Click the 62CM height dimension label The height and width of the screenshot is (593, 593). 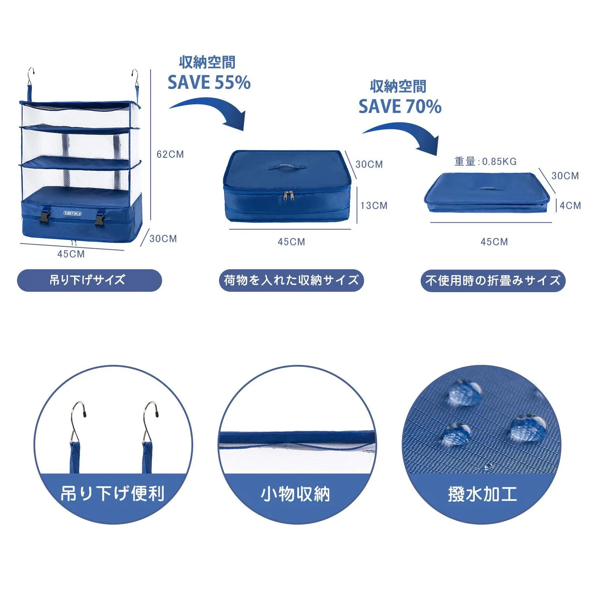click(170, 154)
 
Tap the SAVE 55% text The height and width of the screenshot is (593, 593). click(209, 82)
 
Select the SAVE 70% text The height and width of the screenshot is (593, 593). click(400, 106)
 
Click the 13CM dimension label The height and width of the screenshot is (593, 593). click(374, 206)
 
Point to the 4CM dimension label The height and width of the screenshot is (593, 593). click(570, 206)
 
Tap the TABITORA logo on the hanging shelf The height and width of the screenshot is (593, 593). click(72, 213)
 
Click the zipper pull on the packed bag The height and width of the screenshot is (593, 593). click(291, 195)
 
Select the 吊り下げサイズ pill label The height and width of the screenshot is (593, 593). click(89, 280)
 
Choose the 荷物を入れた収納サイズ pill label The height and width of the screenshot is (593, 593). click(291, 280)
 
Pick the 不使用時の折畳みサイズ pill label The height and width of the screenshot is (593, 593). click(493, 281)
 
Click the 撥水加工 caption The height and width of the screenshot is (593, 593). click(483, 494)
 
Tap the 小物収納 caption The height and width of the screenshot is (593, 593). click(295, 494)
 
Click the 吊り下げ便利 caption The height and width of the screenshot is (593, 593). click(113, 493)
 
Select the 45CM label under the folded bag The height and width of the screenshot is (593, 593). click(494, 242)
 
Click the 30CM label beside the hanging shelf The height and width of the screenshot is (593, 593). click(163, 239)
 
